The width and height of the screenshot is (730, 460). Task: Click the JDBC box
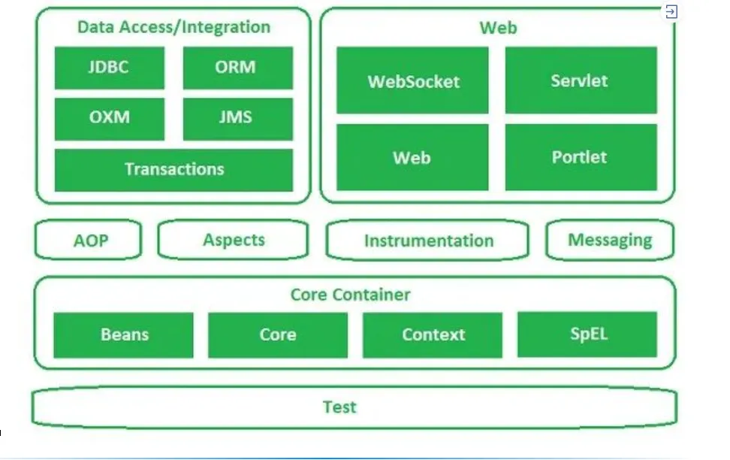pos(109,68)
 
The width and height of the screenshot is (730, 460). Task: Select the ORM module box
pos(237,68)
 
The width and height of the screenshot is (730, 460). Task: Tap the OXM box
pos(109,119)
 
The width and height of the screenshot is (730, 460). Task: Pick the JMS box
pos(237,119)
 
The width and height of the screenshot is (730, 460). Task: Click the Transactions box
pos(173,169)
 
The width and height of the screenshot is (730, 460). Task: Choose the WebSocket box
pos(412,80)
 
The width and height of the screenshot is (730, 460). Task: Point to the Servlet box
pos(581,80)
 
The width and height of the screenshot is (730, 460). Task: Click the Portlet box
pos(581,157)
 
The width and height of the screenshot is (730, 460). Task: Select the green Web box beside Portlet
pos(412,157)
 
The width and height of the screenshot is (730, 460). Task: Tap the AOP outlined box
pos(89,241)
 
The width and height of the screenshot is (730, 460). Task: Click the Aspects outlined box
pos(234,241)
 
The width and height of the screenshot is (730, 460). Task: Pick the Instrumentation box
pos(428,241)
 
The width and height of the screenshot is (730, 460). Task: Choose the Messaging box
pos(610,241)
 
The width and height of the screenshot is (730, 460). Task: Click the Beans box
pos(124,335)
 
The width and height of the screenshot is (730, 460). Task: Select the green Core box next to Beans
pos(278,335)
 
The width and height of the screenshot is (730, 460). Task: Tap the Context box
pos(433,335)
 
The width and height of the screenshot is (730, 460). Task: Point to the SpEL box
pos(587,334)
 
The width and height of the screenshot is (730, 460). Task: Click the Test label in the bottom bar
pos(339,407)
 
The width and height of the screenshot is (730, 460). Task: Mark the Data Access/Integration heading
pos(173,27)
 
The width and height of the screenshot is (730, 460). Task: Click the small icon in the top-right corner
pos(671,11)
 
